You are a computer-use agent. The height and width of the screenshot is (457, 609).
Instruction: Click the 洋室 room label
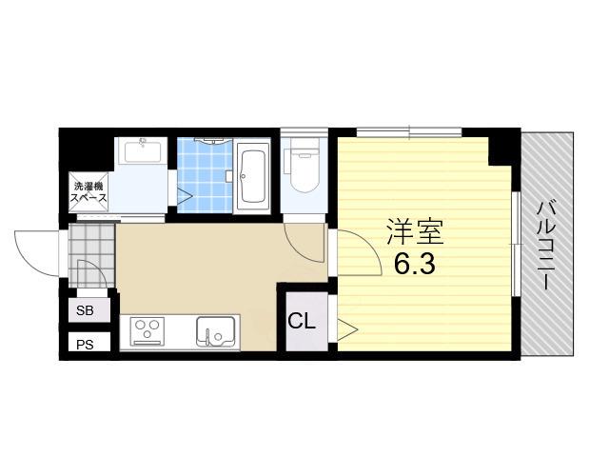tap(415, 232)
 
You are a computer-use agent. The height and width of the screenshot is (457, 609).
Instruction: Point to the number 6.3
tap(415, 265)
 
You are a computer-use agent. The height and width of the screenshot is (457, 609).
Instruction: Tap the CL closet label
tap(302, 321)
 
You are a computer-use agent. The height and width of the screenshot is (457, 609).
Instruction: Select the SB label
tap(85, 310)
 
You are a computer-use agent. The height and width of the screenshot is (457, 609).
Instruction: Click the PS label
tap(85, 345)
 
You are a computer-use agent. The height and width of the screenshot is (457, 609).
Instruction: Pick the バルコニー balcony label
tap(544, 245)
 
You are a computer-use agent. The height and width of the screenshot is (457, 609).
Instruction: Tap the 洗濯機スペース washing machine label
tap(88, 192)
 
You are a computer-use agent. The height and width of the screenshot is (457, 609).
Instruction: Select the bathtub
tap(251, 175)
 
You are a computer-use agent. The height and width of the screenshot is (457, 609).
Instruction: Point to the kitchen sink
tap(216, 331)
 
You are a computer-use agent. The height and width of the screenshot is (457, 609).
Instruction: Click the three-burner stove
tap(147, 331)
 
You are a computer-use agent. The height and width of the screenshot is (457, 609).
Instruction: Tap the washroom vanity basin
tap(143, 151)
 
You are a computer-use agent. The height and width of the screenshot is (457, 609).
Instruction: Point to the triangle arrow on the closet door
tap(347, 330)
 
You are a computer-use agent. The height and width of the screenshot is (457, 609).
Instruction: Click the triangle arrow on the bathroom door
tap(185, 195)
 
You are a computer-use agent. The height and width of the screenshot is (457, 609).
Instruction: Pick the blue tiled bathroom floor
tap(206, 175)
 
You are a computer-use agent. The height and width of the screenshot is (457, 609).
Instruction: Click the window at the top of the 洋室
tap(409, 132)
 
